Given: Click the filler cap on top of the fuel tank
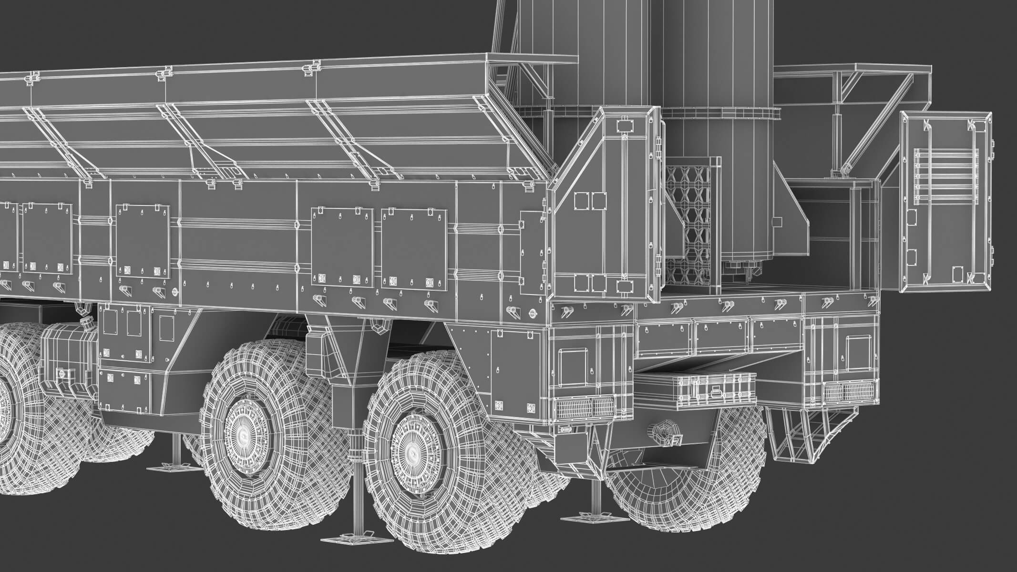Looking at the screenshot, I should pyautogui.click(x=86, y=323).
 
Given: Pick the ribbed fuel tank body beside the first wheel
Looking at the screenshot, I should pyautogui.click(x=67, y=355).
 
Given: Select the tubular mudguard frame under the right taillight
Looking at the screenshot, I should pyautogui.click(x=806, y=434).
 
